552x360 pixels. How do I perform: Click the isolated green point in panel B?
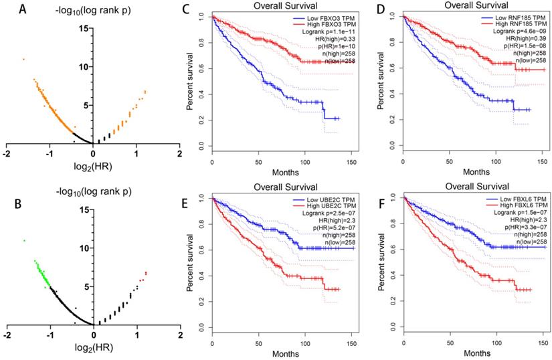(24, 240)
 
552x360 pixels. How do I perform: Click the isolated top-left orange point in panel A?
(23, 60)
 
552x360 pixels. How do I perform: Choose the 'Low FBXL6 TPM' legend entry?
(511, 199)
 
